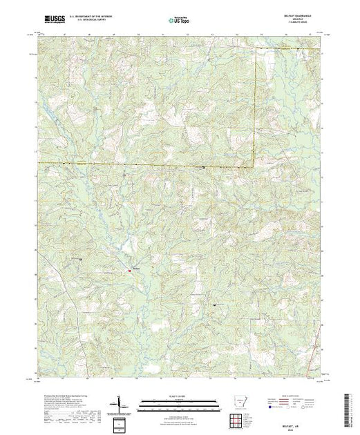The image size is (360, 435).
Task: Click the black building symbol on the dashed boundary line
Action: [203, 167]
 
